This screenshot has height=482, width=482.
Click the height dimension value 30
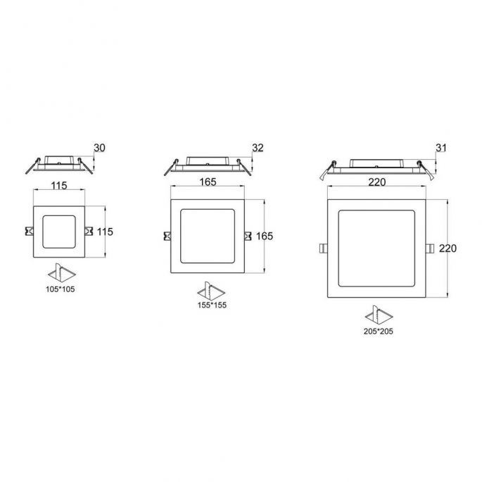[x=99, y=148]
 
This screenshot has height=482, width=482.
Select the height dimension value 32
[x=258, y=148]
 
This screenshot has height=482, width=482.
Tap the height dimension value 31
[x=440, y=148]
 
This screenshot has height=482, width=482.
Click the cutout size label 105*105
[x=61, y=289]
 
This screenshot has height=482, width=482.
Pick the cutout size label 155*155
[x=212, y=305]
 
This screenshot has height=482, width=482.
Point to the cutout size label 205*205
[x=378, y=331]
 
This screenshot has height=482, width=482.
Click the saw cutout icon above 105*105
[x=61, y=272]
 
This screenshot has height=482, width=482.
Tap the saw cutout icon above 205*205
[x=379, y=315]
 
